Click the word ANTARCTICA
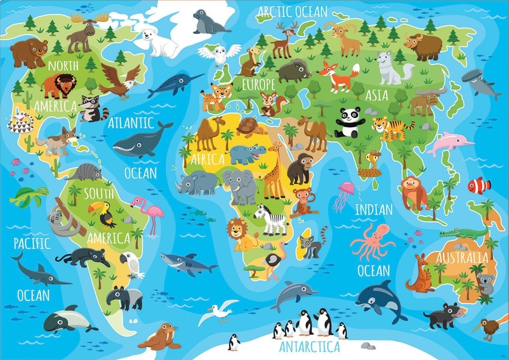tap(309, 346)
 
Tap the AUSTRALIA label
tap(462, 257)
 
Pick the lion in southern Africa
tap(242, 234)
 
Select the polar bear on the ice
tap(159, 42)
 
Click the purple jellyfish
tap(343, 194)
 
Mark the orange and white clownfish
tap(479, 185)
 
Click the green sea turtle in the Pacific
tap(27, 196)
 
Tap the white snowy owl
tap(219, 54)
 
